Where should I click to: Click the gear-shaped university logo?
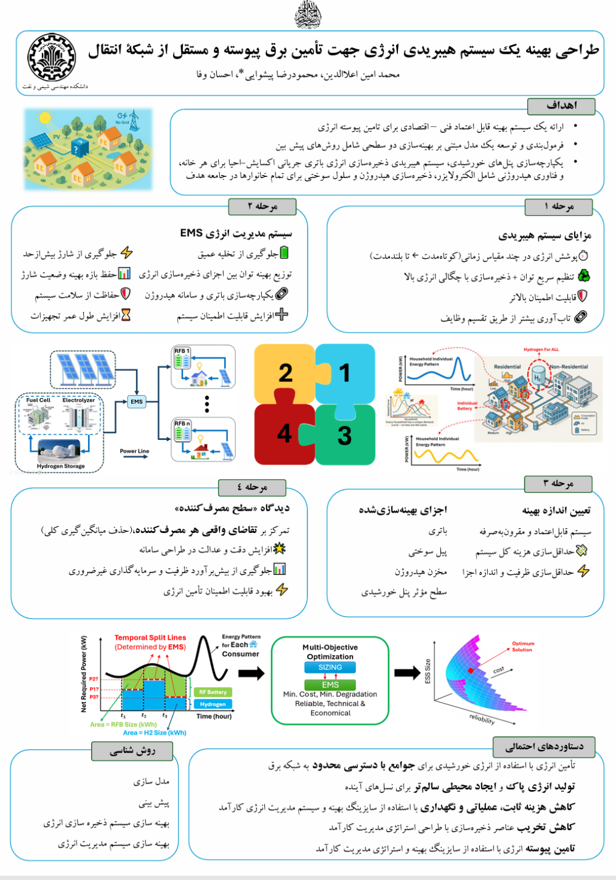(x=52, y=57)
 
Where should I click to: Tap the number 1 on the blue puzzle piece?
(x=344, y=373)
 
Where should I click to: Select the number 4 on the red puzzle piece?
(x=284, y=433)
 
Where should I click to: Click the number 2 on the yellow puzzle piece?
(x=285, y=373)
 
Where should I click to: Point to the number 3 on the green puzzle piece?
(x=344, y=436)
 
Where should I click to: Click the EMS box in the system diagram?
(x=137, y=402)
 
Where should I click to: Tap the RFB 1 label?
(x=182, y=351)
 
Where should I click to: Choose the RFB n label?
(x=182, y=423)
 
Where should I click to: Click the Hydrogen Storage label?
(x=60, y=466)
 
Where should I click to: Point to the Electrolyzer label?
(x=79, y=401)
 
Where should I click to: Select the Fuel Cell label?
(x=38, y=401)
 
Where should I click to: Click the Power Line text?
(x=134, y=451)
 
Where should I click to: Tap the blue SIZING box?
(x=330, y=667)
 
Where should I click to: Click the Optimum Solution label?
(x=522, y=646)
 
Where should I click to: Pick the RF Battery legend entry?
(x=213, y=692)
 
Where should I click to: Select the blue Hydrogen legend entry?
(x=213, y=704)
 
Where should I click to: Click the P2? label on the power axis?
(x=94, y=679)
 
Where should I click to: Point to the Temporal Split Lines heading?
(x=150, y=638)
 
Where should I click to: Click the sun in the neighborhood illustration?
(x=44, y=117)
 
